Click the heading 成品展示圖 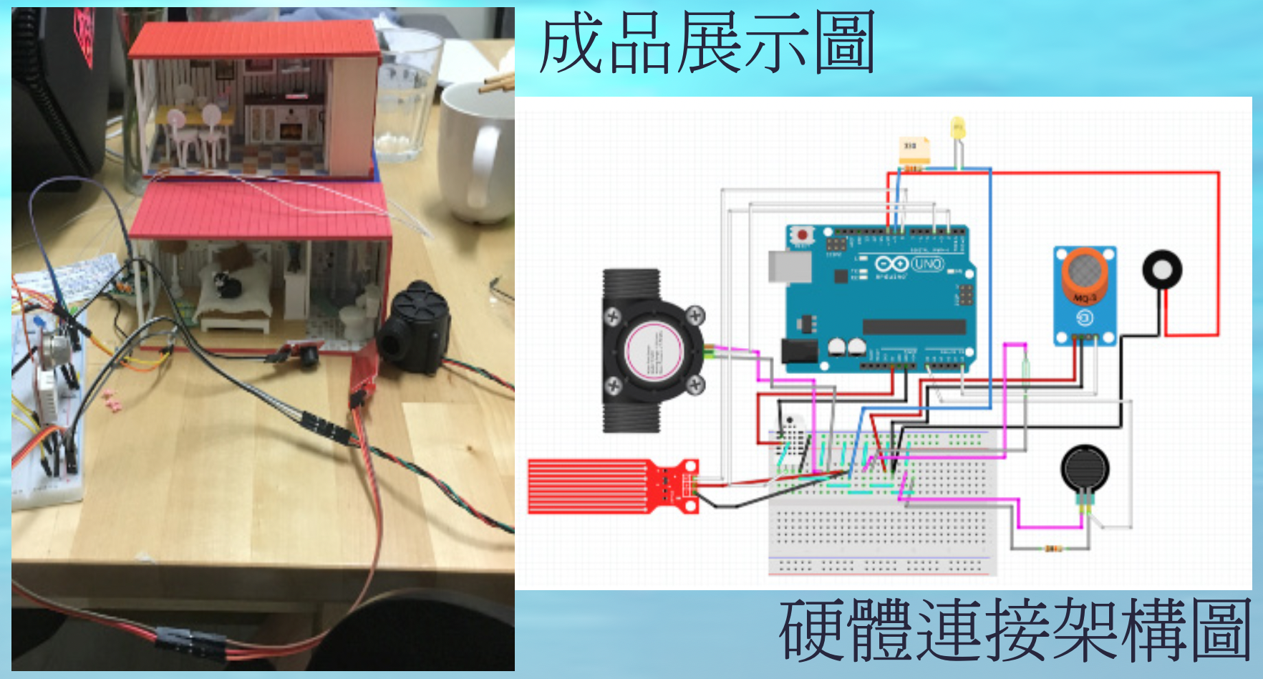point(707,44)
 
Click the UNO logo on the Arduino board point(927,264)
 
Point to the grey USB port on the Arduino point(789,266)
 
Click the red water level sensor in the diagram point(612,486)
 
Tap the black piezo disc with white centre point(1161,270)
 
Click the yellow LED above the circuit point(957,130)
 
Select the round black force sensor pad point(1084,468)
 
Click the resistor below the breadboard point(1052,549)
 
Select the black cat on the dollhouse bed point(230,284)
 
